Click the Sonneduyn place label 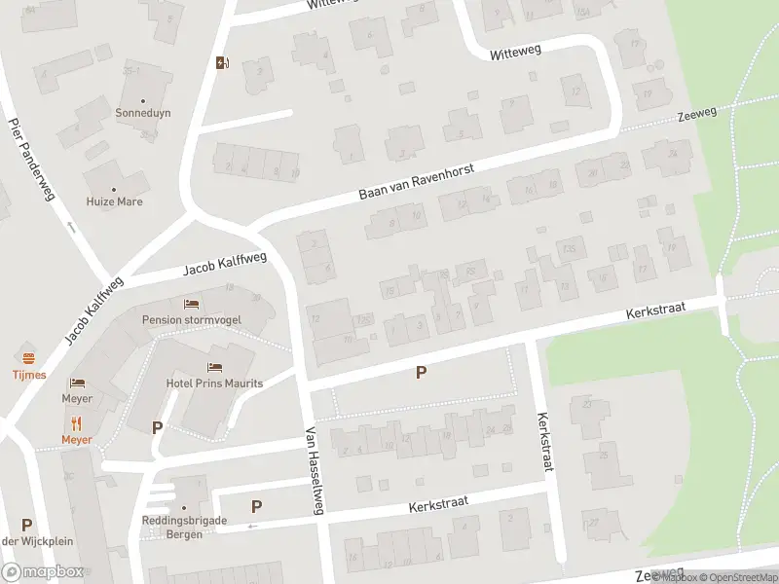[143, 113]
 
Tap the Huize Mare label [114, 202]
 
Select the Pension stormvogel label [192, 319]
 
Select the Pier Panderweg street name [31, 161]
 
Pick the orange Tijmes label [30, 375]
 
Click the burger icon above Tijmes [29, 357]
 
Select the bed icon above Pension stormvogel [189, 304]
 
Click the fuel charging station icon [223, 64]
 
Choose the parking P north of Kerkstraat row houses [422, 372]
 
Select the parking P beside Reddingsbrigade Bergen [257, 506]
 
